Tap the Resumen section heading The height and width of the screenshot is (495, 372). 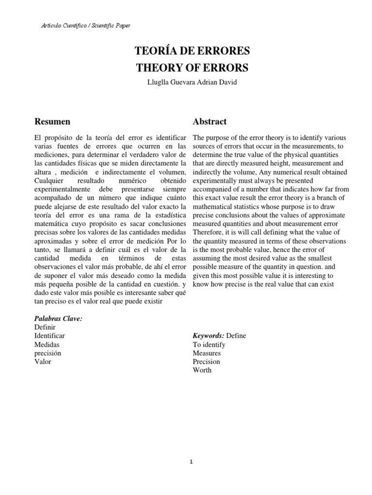pyautogui.click(x=52, y=121)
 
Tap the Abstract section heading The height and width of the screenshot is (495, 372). pyautogui.click(x=209, y=121)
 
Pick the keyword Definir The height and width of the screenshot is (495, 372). pyautogui.click(x=46, y=327)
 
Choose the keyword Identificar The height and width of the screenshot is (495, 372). pyautogui.click(x=50, y=335)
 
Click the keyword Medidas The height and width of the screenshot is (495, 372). pyautogui.click(x=47, y=344)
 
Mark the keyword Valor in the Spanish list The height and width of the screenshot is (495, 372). pyautogui.click(x=43, y=362)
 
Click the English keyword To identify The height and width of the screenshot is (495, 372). pyautogui.click(x=209, y=345)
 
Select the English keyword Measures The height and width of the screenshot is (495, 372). pyautogui.click(x=207, y=353)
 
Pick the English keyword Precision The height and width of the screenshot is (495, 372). pyautogui.click(x=206, y=362)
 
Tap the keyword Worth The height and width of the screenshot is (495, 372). pyautogui.click(x=202, y=370)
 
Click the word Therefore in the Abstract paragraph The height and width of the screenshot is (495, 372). pyautogui.click(x=209, y=232)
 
